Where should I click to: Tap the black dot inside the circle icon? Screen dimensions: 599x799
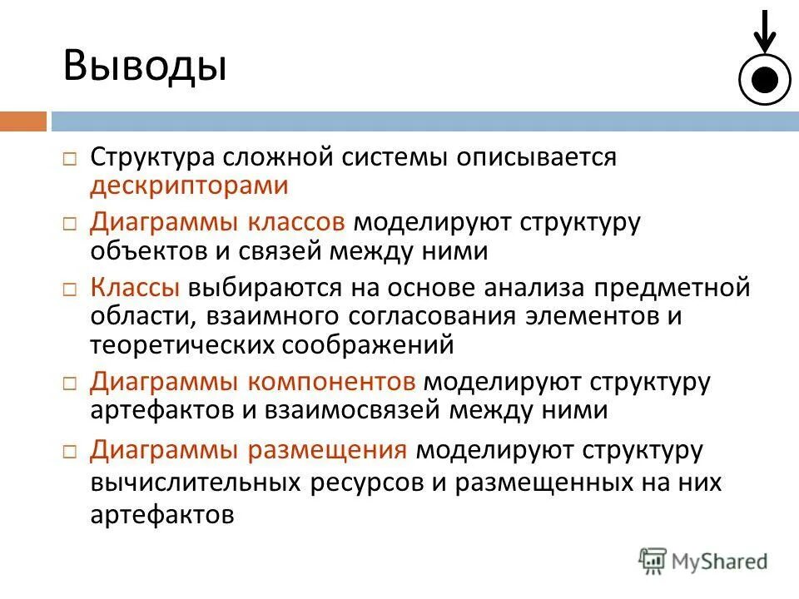(x=764, y=79)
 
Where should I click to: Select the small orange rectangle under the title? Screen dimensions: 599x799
(x=22, y=121)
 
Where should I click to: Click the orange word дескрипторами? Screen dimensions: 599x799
(x=189, y=185)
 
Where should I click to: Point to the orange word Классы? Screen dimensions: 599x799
(x=135, y=288)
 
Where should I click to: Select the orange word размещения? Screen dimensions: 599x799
(x=327, y=449)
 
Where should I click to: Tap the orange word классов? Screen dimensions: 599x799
(x=296, y=222)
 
